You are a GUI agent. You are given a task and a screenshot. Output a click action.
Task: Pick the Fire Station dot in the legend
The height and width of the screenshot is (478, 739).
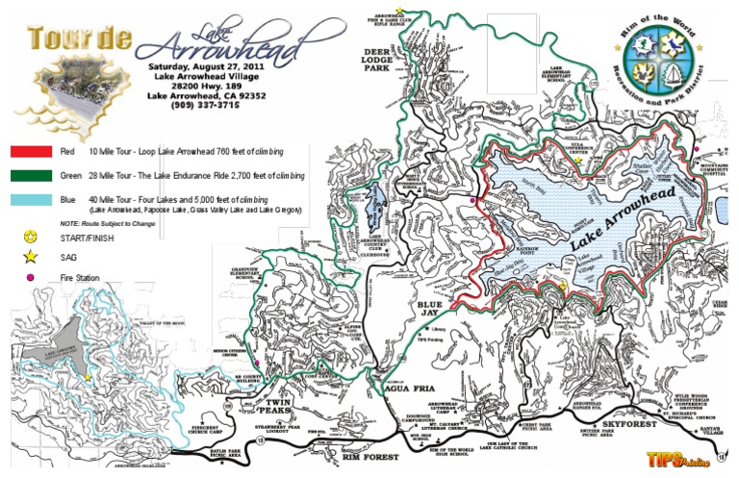coord(31,278)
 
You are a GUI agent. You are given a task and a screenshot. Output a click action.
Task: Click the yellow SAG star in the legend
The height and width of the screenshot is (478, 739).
coord(31,256)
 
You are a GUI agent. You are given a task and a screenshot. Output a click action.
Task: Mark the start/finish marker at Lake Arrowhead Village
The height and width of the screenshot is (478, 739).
coord(562,286)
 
